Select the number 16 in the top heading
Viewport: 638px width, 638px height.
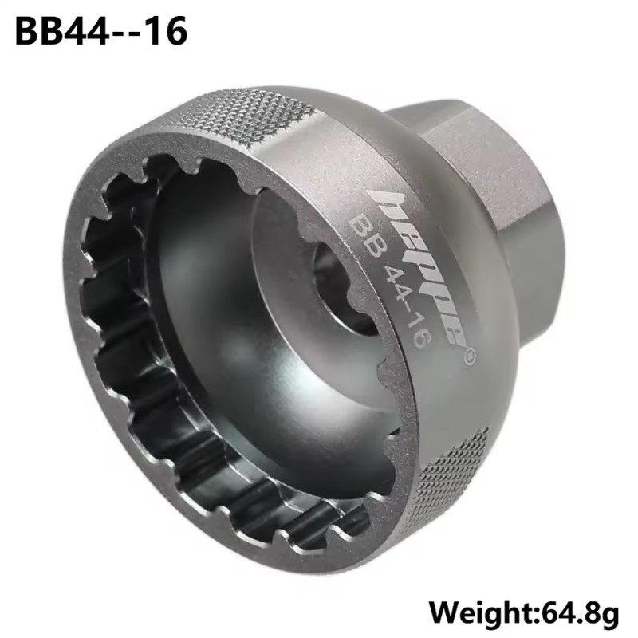(x=171, y=31)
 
